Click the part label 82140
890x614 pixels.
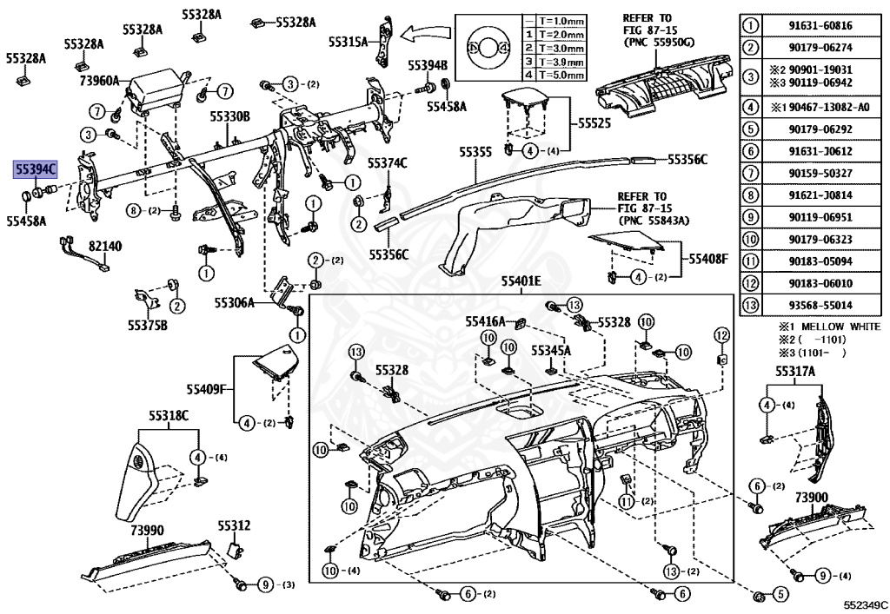point(104,247)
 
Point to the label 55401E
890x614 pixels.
point(520,281)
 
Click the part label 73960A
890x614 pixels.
point(99,81)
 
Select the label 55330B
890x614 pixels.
point(229,116)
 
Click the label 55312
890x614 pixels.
point(234,525)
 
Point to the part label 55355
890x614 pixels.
point(476,152)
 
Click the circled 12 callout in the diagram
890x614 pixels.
point(721,335)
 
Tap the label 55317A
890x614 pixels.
point(795,371)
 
